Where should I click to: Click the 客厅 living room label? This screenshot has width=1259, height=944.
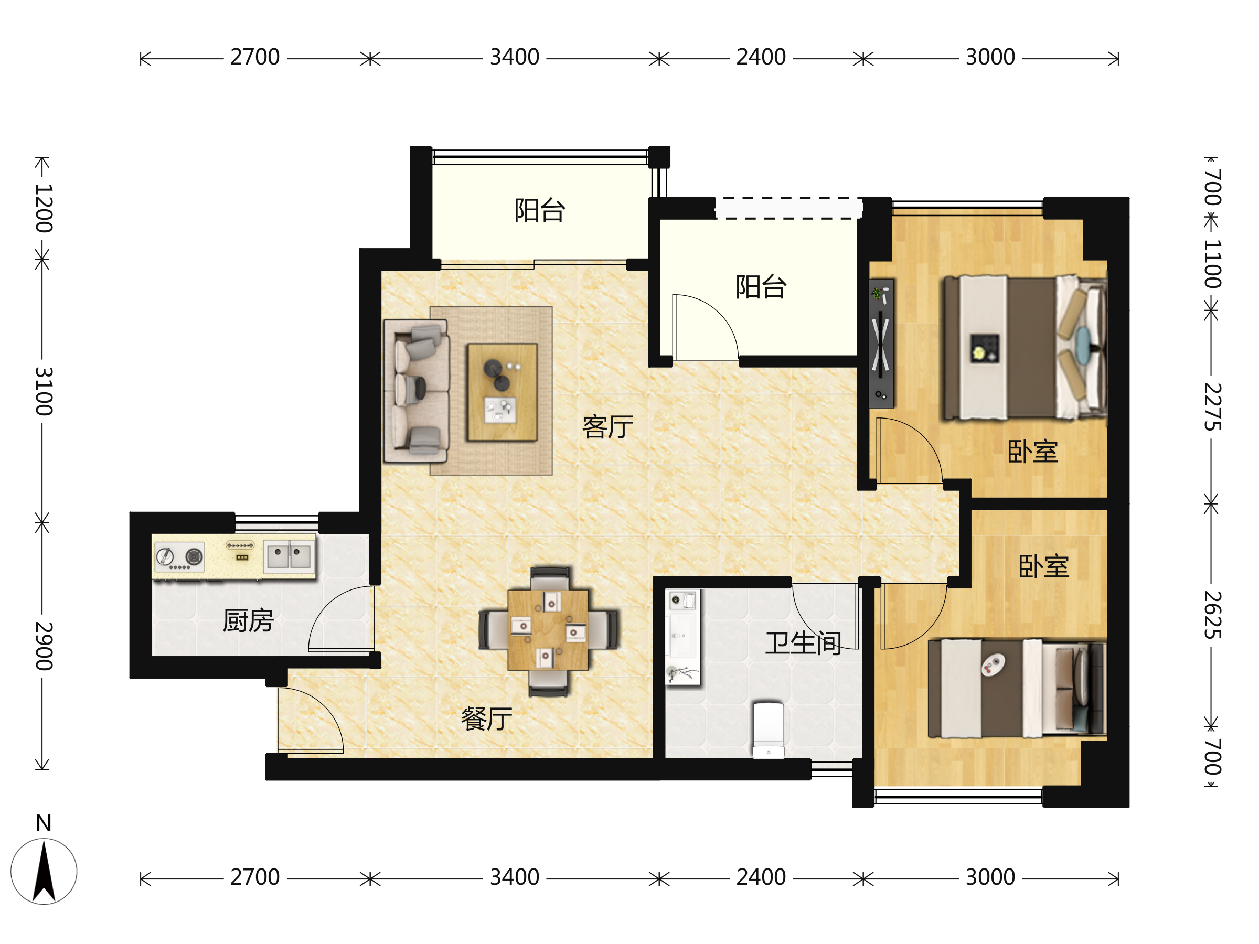(x=607, y=427)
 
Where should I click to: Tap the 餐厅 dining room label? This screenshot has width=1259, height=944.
(x=486, y=718)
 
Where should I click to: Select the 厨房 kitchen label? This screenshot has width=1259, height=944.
(x=248, y=620)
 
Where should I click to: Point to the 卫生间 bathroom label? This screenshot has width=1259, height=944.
(x=803, y=643)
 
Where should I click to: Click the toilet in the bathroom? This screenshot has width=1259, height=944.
(x=769, y=730)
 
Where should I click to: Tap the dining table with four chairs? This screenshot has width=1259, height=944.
(x=548, y=630)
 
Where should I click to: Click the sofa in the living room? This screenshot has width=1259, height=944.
(x=416, y=391)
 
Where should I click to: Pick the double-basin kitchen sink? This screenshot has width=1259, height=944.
(x=289, y=556)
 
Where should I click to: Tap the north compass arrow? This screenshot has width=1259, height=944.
(x=44, y=871)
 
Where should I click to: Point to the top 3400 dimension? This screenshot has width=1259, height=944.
(x=515, y=57)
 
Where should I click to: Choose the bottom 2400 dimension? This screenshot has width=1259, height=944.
(x=761, y=877)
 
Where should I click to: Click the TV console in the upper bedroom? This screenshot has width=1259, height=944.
(x=882, y=343)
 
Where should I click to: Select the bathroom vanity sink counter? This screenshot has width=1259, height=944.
(x=682, y=637)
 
